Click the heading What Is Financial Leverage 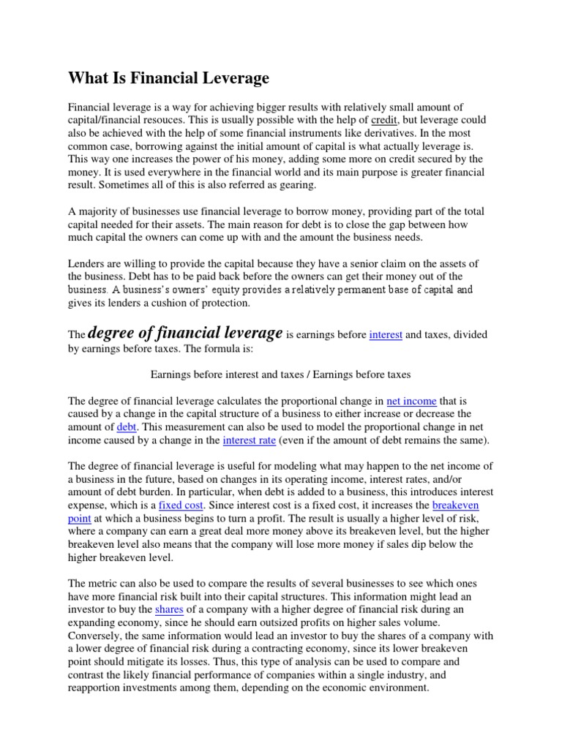[x=169, y=78]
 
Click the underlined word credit [x=385, y=120]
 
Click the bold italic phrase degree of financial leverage [x=185, y=334]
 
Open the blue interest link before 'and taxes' [x=386, y=335]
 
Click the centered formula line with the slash [x=280, y=374]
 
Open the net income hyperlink [x=411, y=401]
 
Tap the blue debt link [x=126, y=427]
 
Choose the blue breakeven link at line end [x=455, y=505]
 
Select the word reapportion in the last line [x=97, y=688]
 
